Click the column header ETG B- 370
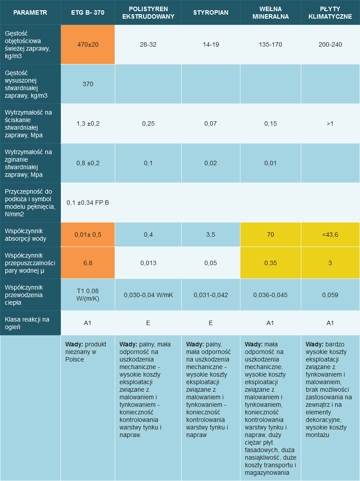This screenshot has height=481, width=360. click(x=88, y=12)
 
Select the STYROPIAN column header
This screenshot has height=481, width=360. click(x=211, y=12)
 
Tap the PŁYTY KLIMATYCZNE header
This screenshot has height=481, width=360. click(x=330, y=12)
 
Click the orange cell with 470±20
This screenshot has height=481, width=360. click(x=88, y=44)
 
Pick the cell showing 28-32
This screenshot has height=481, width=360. click(x=148, y=44)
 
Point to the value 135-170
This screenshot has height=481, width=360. click(x=270, y=44)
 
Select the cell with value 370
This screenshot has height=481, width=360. click(x=88, y=84)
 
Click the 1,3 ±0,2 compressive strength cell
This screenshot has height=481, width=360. click(x=88, y=123)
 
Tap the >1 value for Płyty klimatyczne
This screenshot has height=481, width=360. click(x=330, y=123)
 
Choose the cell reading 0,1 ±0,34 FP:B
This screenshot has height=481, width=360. click(x=88, y=203)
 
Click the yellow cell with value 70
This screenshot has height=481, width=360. click(x=270, y=235)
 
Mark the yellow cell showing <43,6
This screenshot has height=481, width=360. click(x=330, y=235)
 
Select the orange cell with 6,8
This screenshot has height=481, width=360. click(x=88, y=263)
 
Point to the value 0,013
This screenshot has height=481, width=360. click(x=148, y=263)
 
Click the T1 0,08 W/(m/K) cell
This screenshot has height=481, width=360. click(x=88, y=294)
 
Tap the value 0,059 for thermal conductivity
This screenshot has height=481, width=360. click(x=330, y=294)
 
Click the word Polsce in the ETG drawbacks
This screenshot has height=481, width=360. click(x=75, y=360)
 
